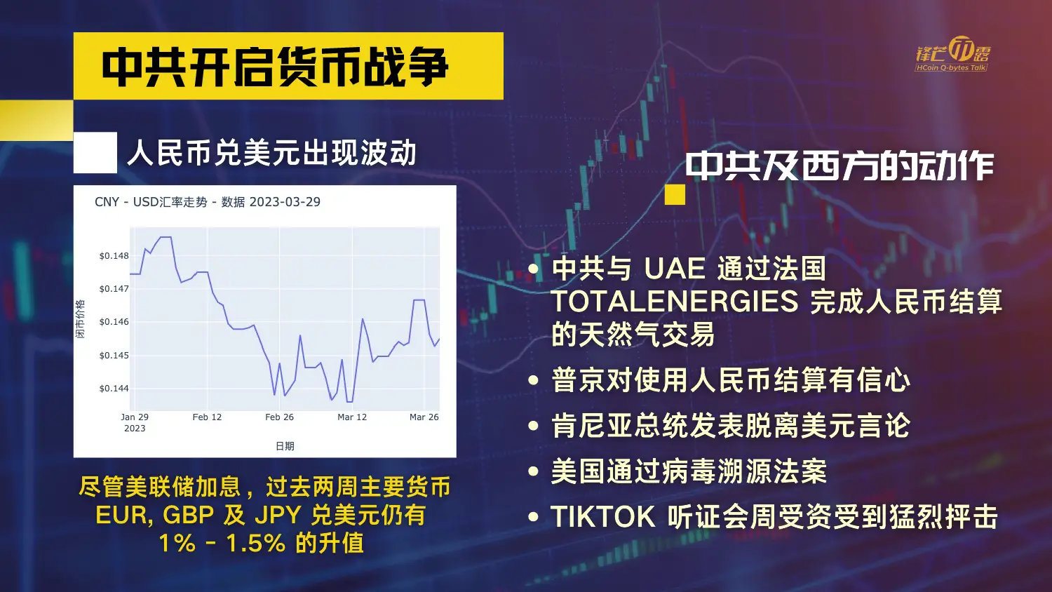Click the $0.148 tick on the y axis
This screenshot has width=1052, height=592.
click(x=114, y=255)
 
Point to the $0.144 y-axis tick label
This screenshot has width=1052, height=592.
click(x=114, y=389)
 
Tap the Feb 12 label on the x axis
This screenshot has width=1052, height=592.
click(x=207, y=417)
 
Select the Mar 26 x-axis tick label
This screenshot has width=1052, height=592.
click(x=424, y=417)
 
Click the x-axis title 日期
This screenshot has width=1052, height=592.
click(x=285, y=446)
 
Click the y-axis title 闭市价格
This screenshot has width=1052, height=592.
click(x=81, y=318)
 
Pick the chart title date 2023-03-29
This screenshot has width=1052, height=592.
click(x=285, y=202)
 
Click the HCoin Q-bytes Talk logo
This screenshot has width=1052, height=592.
click(x=952, y=55)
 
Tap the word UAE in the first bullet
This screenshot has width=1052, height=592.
click(x=675, y=269)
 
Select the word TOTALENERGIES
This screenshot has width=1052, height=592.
click(x=675, y=301)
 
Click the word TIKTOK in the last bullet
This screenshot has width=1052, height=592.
click(x=603, y=516)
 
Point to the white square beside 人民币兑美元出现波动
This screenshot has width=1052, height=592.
click(x=95, y=152)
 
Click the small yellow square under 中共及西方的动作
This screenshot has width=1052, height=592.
click(x=675, y=194)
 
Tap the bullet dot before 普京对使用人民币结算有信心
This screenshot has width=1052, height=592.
click(x=533, y=380)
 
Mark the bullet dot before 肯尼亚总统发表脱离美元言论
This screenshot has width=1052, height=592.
click(x=533, y=426)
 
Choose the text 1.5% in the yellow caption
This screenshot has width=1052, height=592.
click(x=256, y=543)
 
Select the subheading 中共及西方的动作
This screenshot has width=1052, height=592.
click(x=839, y=166)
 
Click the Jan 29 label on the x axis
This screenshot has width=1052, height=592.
click(x=135, y=417)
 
